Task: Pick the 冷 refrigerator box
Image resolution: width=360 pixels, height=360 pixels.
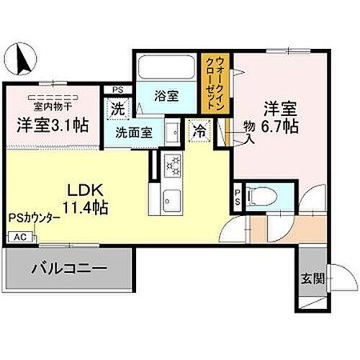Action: point(197,132)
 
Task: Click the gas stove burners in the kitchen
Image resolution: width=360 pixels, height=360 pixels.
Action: point(173,166)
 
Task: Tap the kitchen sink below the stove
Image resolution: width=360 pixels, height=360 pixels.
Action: point(173,197)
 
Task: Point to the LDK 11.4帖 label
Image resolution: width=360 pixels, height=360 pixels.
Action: point(87,199)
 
